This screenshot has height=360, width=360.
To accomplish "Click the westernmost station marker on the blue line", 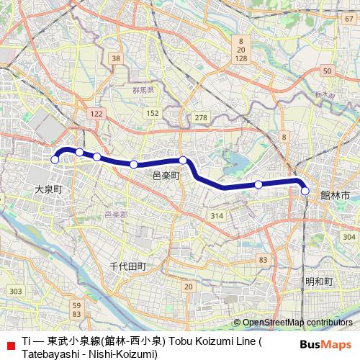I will [54, 160].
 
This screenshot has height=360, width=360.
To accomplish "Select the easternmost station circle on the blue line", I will [305, 191].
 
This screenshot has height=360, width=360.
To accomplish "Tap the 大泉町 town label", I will [49, 189].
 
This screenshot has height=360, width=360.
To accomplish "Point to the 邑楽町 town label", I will [166, 175].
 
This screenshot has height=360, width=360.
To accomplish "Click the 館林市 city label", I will [335, 195].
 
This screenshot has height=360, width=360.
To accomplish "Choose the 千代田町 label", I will [127, 266].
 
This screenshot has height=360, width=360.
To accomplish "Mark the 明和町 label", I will [319, 281].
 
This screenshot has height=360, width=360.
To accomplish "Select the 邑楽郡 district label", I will [115, 215].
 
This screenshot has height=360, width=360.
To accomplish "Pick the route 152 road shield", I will [152, 114].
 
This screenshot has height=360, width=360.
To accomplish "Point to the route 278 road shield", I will [201, 117].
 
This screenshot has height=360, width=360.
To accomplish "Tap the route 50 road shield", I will [328, 70].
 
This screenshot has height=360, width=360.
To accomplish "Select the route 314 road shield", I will [216, 216].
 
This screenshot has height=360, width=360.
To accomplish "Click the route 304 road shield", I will [349, 237].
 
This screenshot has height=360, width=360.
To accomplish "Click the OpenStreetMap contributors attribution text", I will [297, 322].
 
